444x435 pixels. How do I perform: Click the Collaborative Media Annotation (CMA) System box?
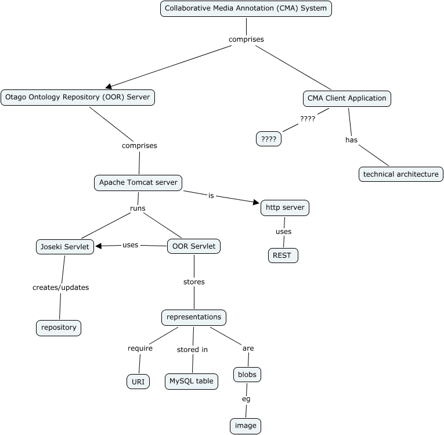point(246,9)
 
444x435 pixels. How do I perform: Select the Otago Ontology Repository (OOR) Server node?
point(78,98)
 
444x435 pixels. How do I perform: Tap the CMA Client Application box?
point(346,98)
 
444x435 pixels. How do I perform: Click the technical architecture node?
point(400,174)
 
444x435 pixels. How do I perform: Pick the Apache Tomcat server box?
point(138,182)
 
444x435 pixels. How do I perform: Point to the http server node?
point(284,207)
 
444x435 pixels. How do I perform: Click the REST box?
point(283,255)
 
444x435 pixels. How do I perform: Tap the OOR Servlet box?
point(194,246)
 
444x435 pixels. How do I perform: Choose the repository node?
point(59,328)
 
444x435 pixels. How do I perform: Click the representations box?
point(193,317)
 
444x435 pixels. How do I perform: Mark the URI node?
point(138,382)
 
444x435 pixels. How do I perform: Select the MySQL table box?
point(192,381)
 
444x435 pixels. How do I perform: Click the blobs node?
point(247,375)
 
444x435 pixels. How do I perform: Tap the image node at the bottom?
point(246,426)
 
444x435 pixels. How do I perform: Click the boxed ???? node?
point(268,139)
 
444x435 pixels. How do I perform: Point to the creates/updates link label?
point(61,287)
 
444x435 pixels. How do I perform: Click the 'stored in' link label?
point(192,350)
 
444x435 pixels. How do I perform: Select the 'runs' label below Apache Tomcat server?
point(138,208)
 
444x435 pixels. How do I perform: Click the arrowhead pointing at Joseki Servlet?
point(99,246)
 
